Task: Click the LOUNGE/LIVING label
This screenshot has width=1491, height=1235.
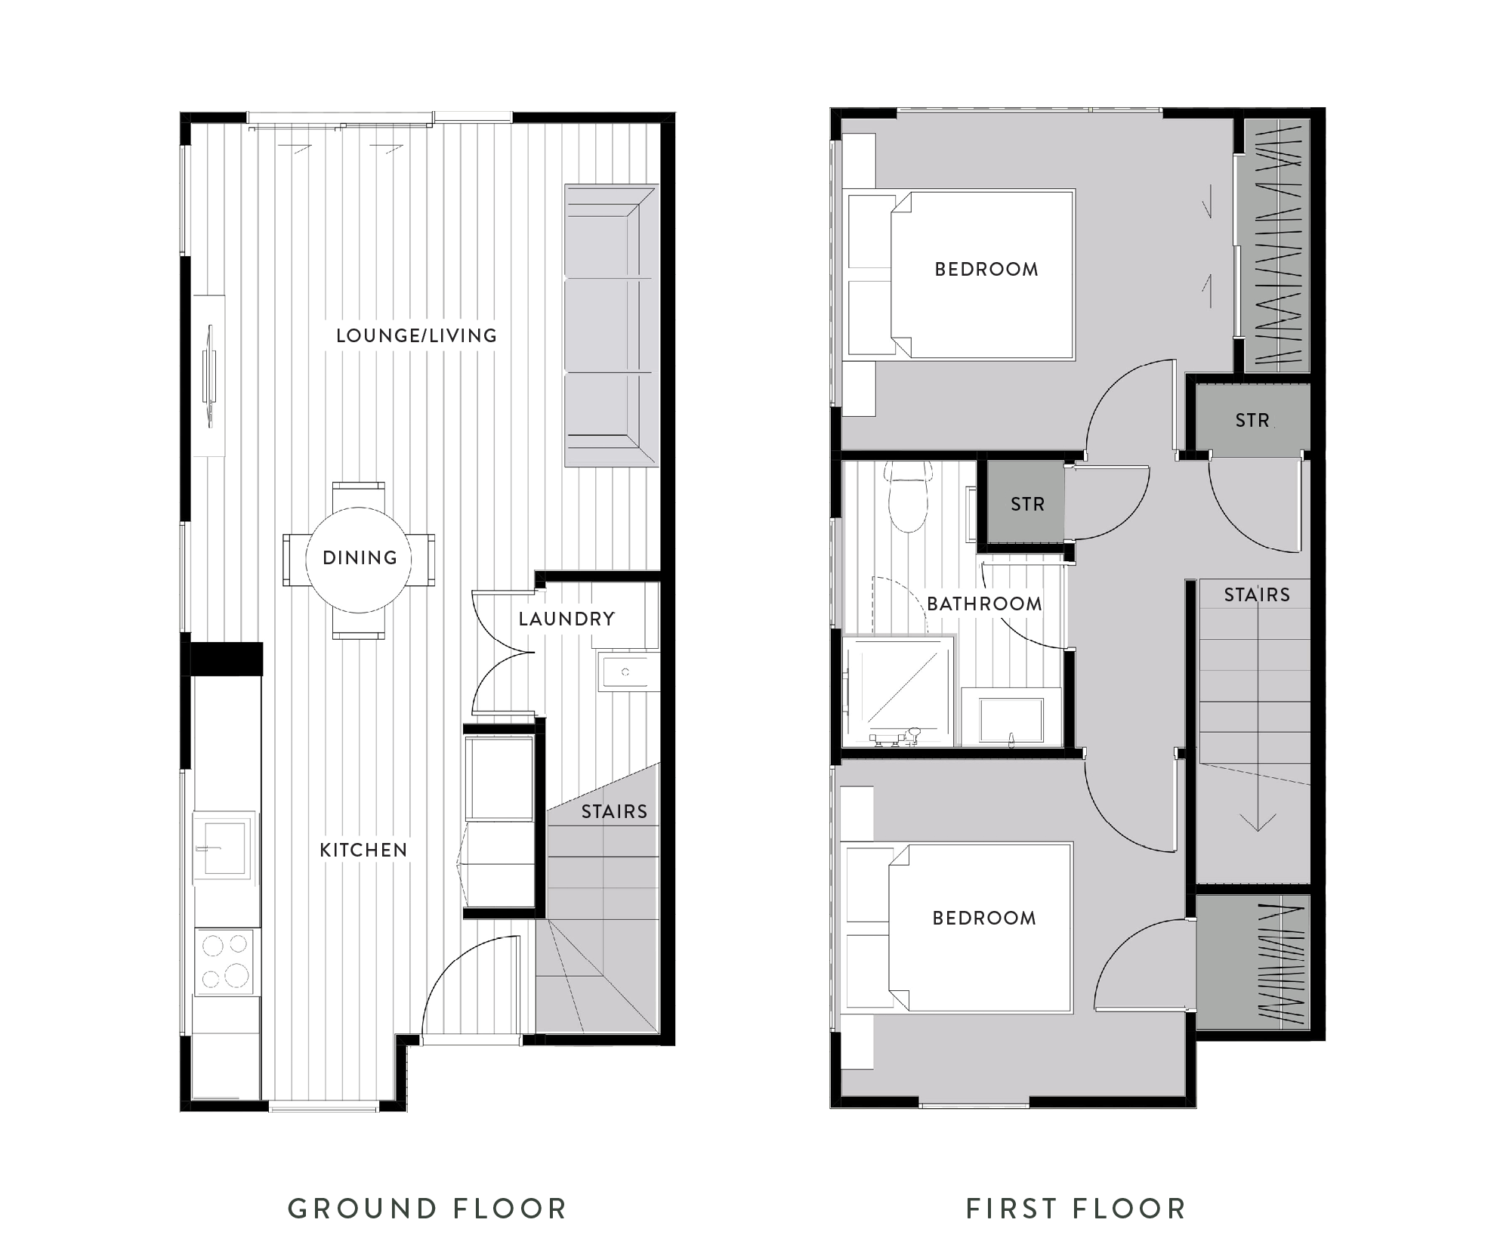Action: (x=416, y=335)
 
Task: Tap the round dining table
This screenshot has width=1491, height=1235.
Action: (x=359, y=559)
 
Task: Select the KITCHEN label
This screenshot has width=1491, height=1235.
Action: (x=363, y=851)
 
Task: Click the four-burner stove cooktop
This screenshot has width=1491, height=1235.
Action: (x=224, y=962)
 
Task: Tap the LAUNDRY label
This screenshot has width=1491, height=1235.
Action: (x=566, y=619)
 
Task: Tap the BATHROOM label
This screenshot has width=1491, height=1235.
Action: (x=984, y=604)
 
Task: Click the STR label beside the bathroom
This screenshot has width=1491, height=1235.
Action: (x=1027, y=504)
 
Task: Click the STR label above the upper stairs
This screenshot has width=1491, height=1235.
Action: (x=1252, y=420)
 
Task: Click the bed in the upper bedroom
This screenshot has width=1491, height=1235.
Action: (x=982, y=273)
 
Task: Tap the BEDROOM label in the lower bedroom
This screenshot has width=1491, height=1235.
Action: (x=984, y=919)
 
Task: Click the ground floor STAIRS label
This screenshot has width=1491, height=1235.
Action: (x=614, y=812)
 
